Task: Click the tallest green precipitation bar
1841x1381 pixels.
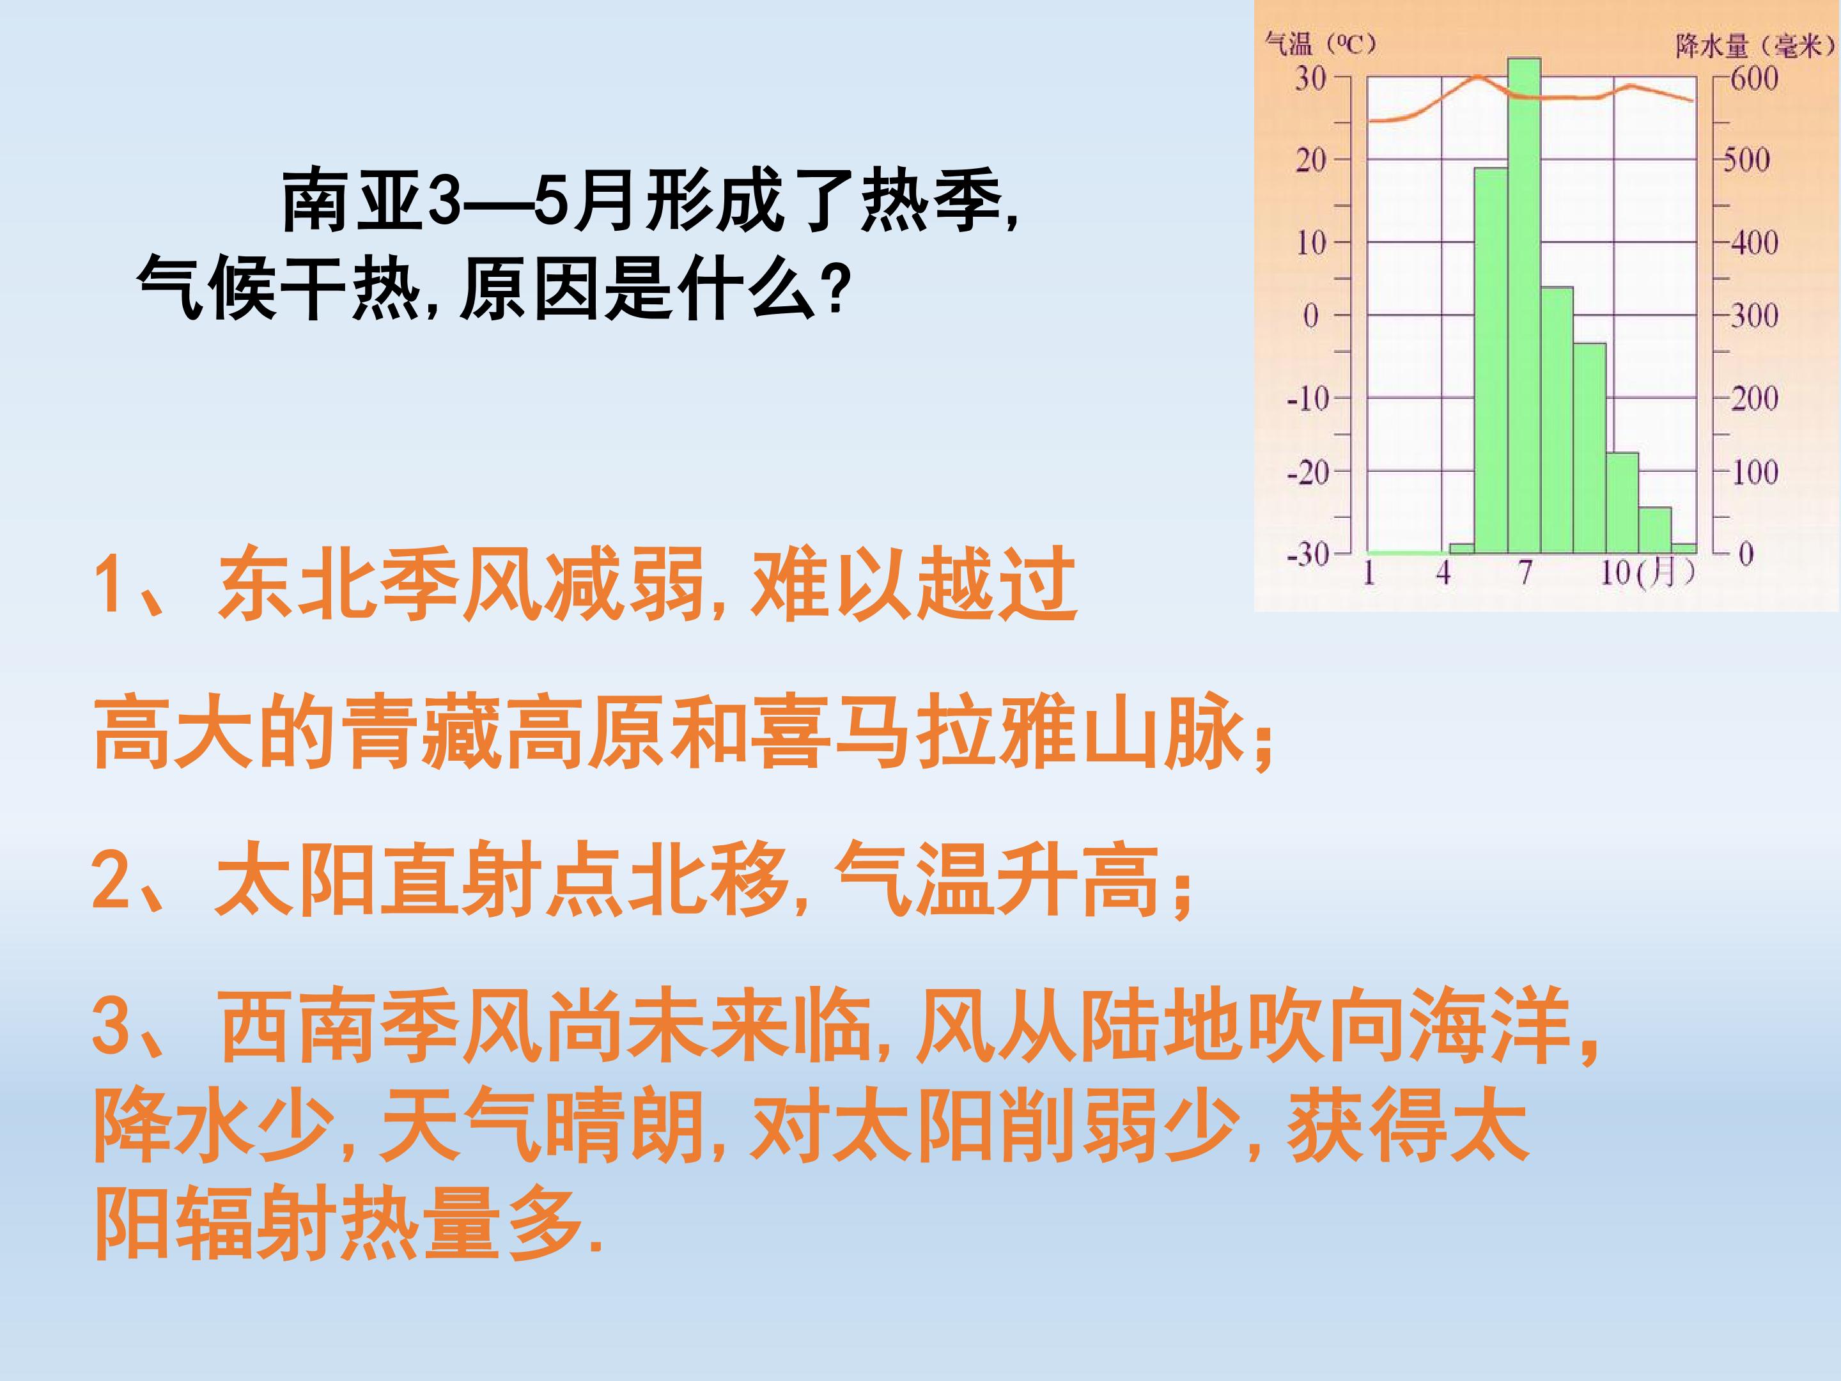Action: coord(1524,306)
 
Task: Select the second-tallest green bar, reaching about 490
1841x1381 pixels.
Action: coord(1491,361)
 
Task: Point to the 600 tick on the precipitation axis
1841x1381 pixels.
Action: coord(1753,79)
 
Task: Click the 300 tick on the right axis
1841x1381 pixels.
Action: coord(1753,315)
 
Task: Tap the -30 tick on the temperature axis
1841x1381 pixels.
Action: coord(1309,554)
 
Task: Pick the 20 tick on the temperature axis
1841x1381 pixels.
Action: coord(1311,159)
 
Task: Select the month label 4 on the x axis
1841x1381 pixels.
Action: coord(1443,573)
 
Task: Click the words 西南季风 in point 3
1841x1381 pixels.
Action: coord(380,1028)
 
